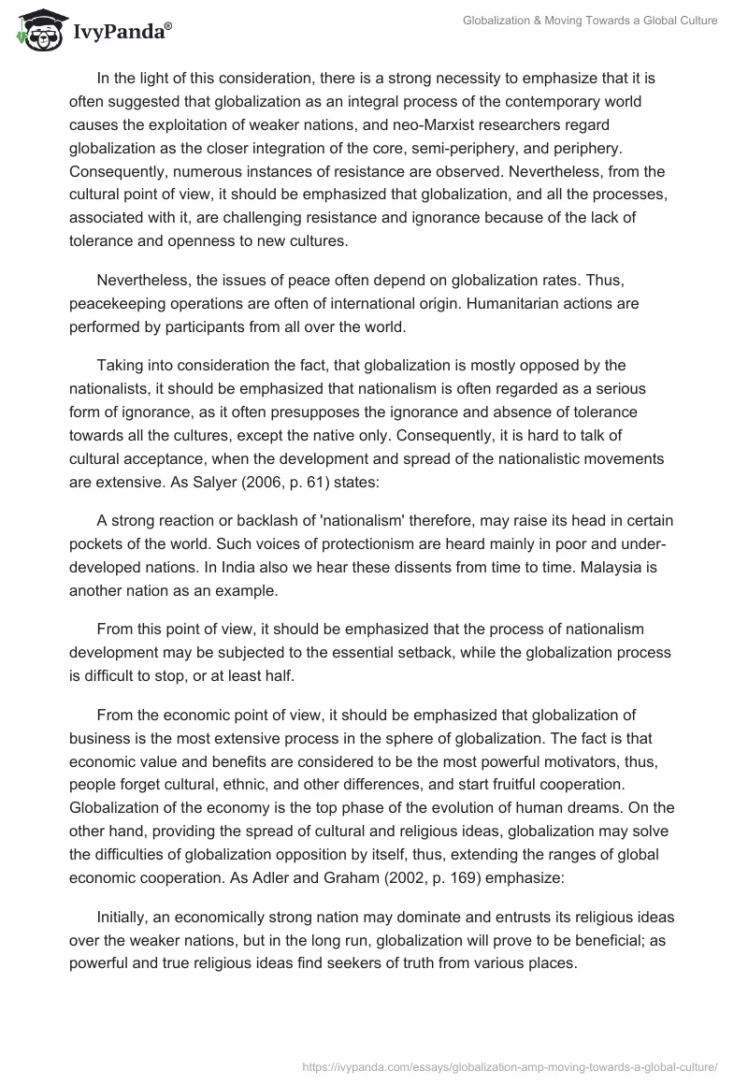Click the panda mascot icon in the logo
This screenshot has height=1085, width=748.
pyautogui.click(x=36, y=31)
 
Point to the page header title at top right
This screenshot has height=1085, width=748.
pyautogui.click(x=590, y=21)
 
